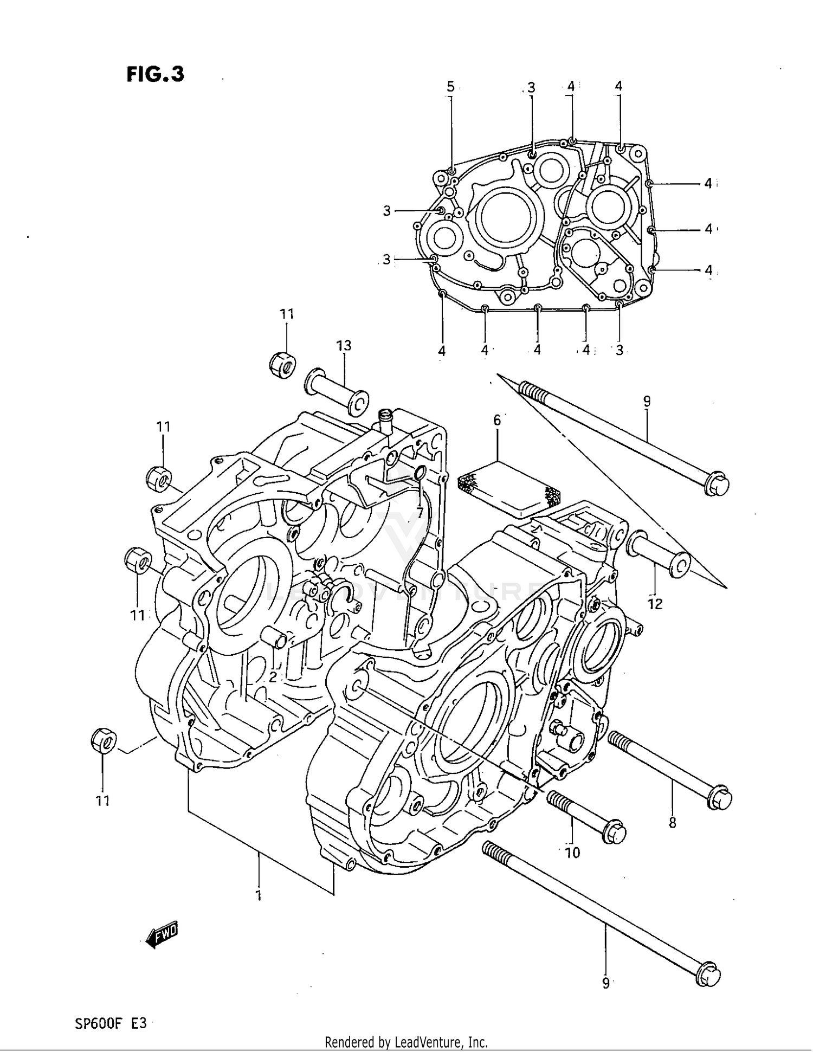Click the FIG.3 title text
pyautogui.click(x=156, y=74)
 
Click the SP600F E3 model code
pyautogui.click(x=111, y=1023)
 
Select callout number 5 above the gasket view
pyautogui.click(x=450, y=86)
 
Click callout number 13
pyautogui.click(x=344, y=345)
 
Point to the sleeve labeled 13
pyautogui.click(x=336, y=392)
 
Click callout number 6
pyautogui.click(x=496, y=420)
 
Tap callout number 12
pyautogui.click(x=655, y=604)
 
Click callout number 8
pyautogui.click(x=672, y=823)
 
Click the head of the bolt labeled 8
pyautogui.click(x=721, y=799)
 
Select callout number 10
pyautogui.click(x=572, y=853)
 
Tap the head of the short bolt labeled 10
pyautogui.click(x=614, y=833)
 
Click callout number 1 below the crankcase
pyautogui.click(x=259, y=895)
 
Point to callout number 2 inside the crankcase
pyautogui.click(x=273, y=676)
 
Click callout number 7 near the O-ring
pyautogui.click(x=419, y=511)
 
